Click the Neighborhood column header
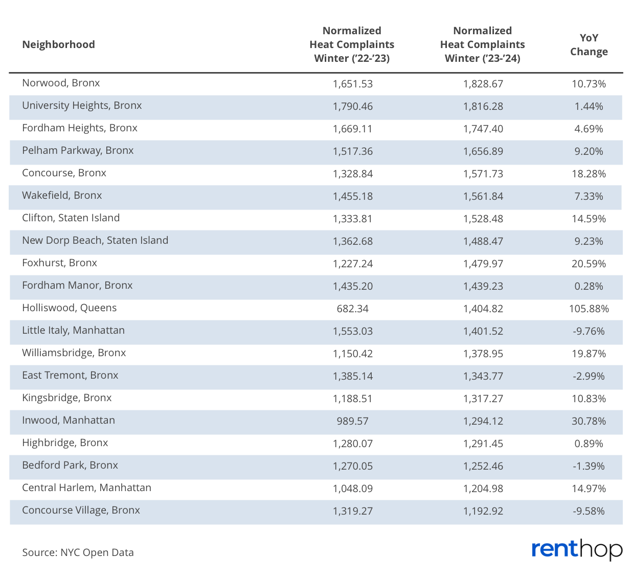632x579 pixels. pos(58,44)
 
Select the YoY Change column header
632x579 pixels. pos(589,44)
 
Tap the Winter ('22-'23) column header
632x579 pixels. pos(352,44)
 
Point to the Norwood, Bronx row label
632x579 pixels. pos(61,83)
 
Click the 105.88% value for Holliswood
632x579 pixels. pos(589,308)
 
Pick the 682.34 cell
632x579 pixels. pos(352,308)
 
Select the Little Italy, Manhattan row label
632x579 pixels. pos(74,330)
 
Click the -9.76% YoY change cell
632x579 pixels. pos(589,331)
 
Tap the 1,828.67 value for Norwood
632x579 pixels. pos(483,84)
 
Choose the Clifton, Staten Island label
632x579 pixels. pos(71,218)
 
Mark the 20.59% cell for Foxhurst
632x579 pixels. pos(589,264)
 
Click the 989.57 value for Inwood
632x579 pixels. pos(352,421)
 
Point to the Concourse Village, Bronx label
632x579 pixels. pos(81,510)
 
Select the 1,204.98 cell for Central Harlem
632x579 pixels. pos(483,489)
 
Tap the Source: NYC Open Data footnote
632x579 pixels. pos(78,552)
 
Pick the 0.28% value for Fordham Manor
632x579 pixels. pos(589,286)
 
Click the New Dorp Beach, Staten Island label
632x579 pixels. pos(95,240)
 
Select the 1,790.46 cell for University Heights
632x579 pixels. pos(352,106)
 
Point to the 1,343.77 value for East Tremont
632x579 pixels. pos(483,376)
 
